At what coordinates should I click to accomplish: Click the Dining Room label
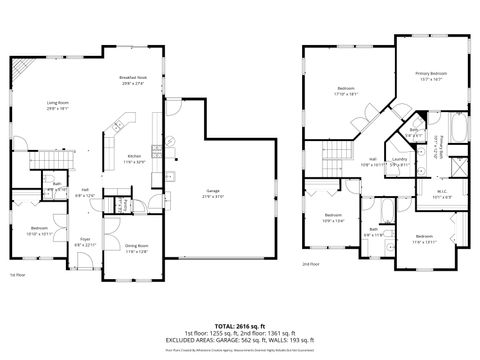pos(136,249)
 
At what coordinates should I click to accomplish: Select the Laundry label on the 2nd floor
pos(398,161)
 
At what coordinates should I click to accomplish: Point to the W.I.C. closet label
pos(442,195)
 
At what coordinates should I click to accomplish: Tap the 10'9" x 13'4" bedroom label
pos(333,219)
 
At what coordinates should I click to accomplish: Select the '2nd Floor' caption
pos(311,264)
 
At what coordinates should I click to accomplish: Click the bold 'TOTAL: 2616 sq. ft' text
pos(239,326)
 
